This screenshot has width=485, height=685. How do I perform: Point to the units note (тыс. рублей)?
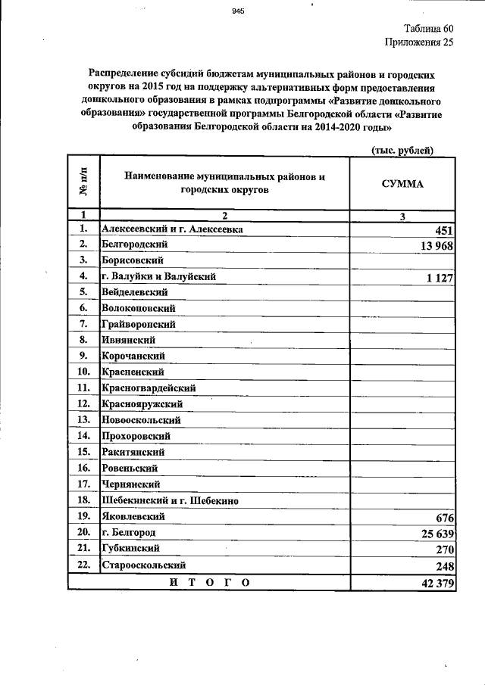tap(402, 150)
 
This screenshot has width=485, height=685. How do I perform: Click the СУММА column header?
tap(402, 184)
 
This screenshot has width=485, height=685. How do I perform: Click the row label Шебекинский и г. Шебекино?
tap(170, 500)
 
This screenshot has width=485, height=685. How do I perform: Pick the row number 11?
tap(83, 388)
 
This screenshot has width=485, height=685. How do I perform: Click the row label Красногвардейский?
tap(148, 388)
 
